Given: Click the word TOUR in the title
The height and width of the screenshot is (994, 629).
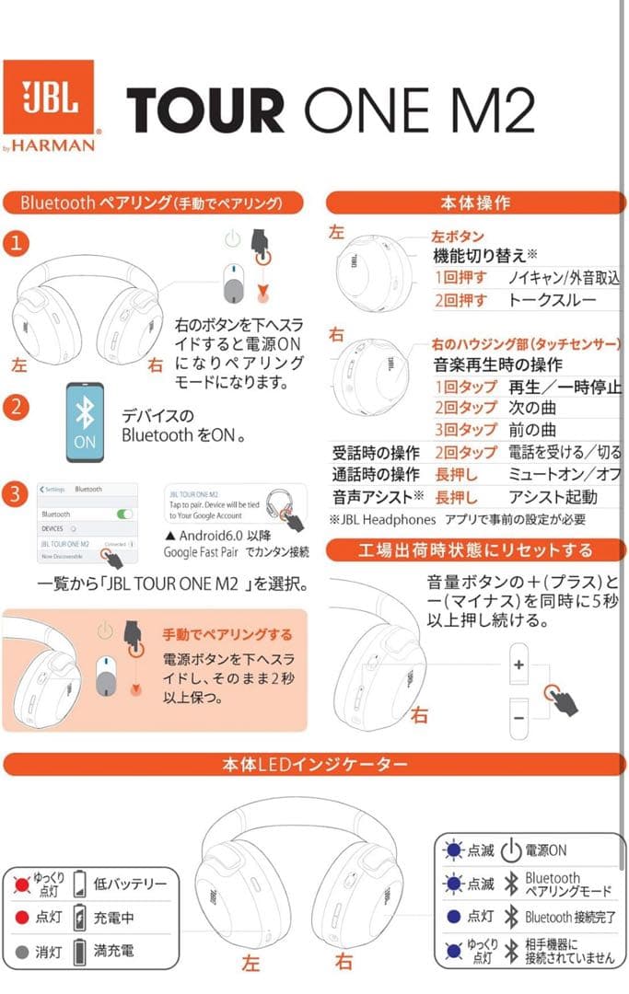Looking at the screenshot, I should point(204,111).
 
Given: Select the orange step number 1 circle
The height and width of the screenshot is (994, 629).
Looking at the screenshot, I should point(16,244).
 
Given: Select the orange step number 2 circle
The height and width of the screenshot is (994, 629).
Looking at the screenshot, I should point(16,407).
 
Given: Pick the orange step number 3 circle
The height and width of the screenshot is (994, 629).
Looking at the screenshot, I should point(16,493).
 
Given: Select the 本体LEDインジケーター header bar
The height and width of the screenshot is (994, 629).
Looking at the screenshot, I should point(314,765).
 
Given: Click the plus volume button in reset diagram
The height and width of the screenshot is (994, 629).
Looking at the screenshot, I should point(518,665).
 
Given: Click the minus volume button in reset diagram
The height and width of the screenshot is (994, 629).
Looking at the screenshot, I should point(518,716).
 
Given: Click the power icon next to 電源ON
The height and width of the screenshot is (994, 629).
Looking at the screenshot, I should point(511,850).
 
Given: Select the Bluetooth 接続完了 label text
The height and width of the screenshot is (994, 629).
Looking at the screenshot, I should point(568,918).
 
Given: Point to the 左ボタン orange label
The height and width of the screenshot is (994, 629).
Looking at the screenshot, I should point(458,237).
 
